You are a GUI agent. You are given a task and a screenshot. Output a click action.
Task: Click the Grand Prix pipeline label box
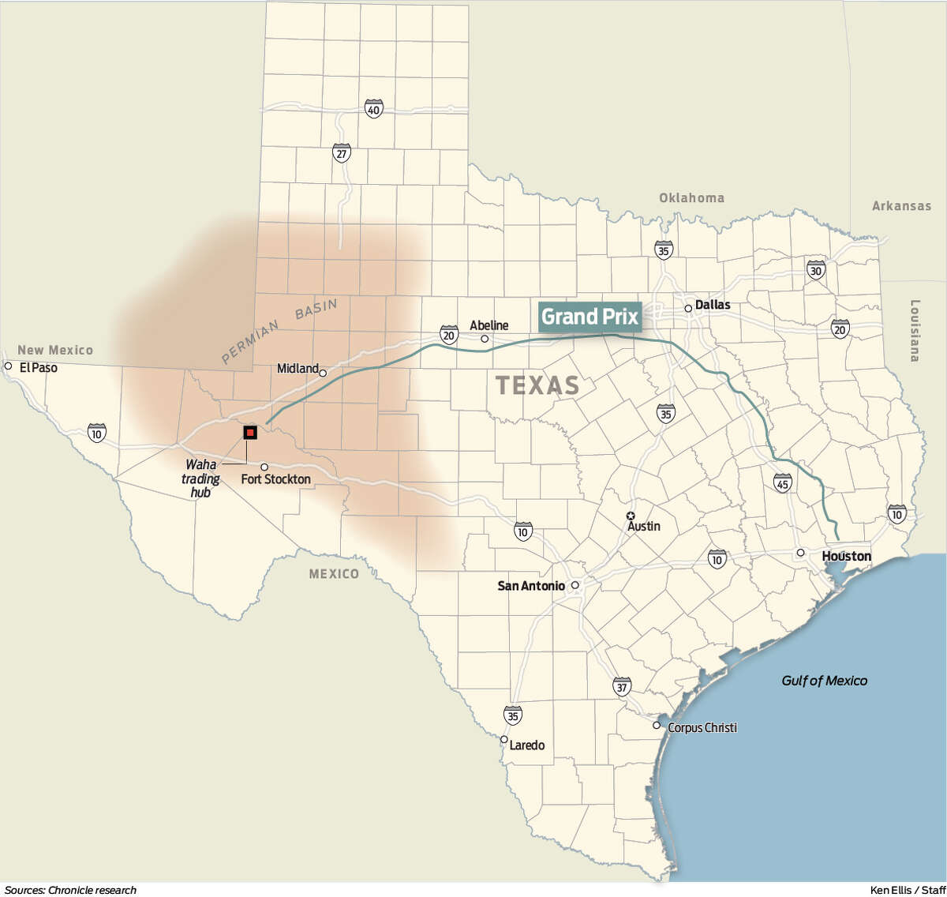pos(590,317)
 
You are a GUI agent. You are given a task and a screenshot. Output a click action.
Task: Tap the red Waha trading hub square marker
pos(250,432)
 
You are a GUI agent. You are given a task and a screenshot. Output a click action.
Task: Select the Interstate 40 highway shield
pos(373,109)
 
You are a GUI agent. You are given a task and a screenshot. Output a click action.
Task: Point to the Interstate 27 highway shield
pos(341,153)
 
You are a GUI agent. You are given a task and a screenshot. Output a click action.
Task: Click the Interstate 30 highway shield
pos(815,270)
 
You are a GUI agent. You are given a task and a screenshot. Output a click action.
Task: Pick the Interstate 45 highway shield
pos(782,482)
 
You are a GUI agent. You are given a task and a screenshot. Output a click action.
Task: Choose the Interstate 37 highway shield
pos(622,687)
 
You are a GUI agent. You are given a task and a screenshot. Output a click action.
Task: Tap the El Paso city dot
pos(8,366)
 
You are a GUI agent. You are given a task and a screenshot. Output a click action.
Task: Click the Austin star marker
pos(631,516)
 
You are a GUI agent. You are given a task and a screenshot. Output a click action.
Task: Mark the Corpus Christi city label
pos(702,727)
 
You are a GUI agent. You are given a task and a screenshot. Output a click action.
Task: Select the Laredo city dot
pos(504,740)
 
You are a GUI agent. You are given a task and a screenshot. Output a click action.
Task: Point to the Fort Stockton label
pos(275,479)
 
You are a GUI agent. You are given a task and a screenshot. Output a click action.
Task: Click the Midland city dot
pos(323,373)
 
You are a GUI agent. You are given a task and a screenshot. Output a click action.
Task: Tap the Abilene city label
pos(489,325)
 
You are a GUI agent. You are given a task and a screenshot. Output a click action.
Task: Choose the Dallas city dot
pos(688,308)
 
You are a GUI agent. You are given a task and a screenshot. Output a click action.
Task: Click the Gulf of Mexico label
pos(824,681)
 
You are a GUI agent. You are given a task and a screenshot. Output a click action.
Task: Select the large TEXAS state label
pos(537,385)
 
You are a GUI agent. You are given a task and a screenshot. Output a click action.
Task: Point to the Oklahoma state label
pos(691,198)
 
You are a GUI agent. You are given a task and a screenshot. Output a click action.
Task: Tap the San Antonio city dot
pos(575,586)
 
